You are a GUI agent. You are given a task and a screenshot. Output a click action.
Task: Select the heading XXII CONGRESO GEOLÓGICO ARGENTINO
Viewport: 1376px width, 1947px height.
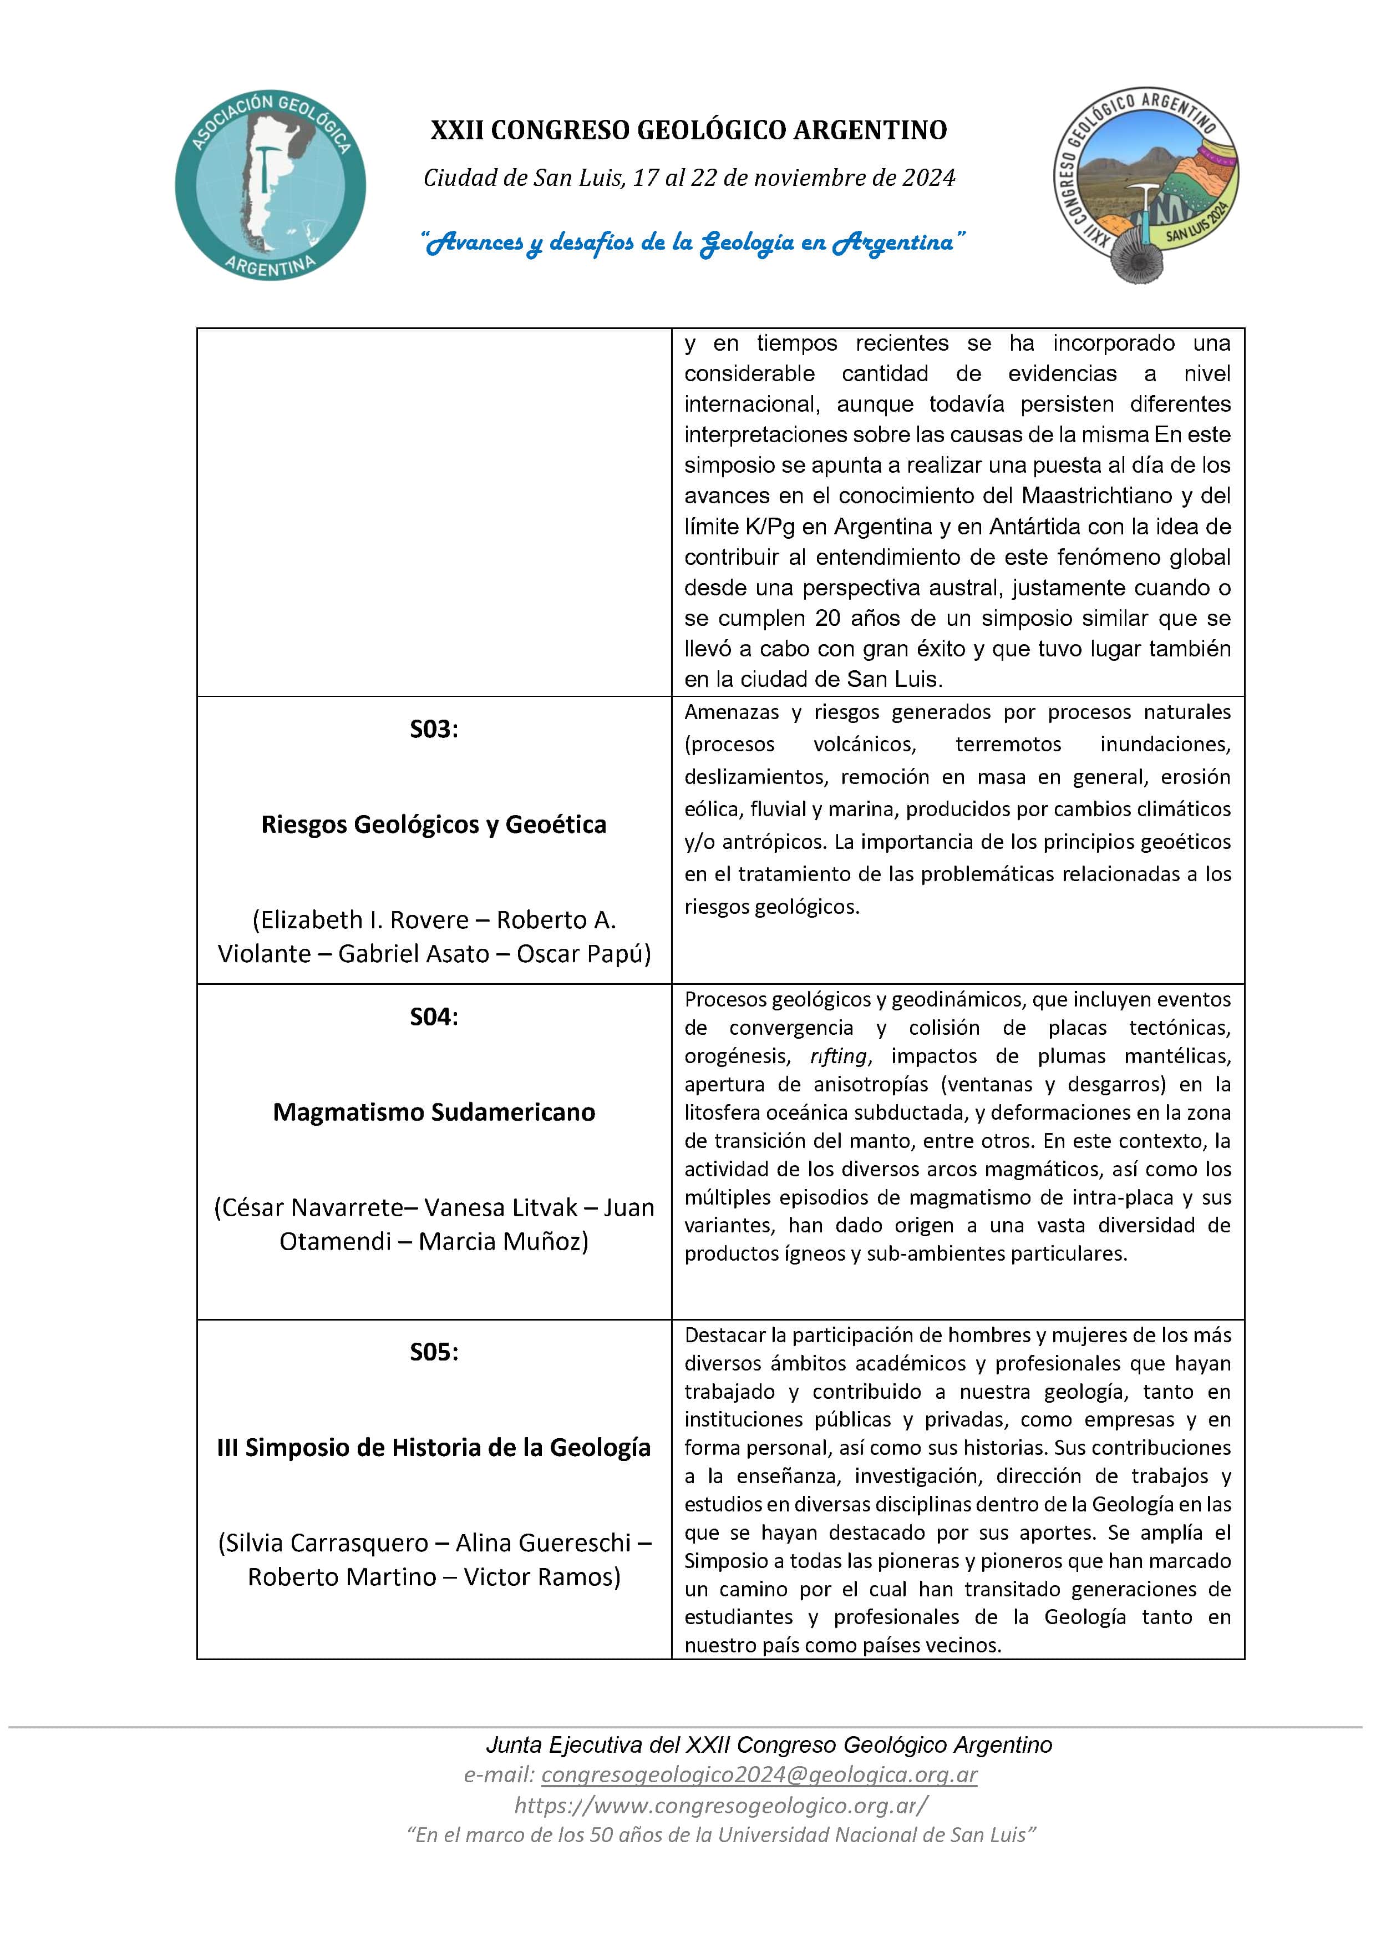pyautogui.click(x=688, y=130)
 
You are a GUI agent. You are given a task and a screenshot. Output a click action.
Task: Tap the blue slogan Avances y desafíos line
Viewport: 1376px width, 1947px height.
pyautogui.click(x=693, y=244)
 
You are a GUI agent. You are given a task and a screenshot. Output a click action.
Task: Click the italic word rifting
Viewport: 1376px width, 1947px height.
pyautogui.click(x=839, y=1056)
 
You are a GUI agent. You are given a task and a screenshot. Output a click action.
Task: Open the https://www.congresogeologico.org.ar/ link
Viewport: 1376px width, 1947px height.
pyautogui.click(x=720, y=1806)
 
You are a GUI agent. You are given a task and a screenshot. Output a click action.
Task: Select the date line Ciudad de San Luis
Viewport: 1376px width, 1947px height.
pyautogui.click(x=688, y=178)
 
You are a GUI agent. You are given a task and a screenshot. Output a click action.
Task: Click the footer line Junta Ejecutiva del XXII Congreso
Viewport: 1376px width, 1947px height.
pyautogui.click(x=768, y=1745)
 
